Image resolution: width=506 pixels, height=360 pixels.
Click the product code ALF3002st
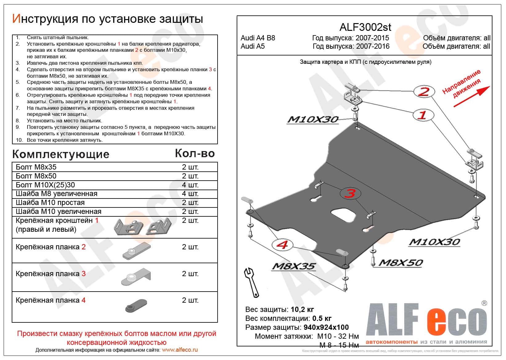(365, 27)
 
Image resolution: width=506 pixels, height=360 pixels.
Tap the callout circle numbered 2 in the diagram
(424, 91)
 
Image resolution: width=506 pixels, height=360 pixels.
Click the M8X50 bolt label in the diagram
(400, 263)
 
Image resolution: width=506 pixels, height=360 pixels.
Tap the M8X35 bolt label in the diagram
(293, 266)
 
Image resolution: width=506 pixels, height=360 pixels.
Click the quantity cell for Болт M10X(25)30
(190, 185)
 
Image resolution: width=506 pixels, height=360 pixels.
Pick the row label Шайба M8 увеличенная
(56, 194)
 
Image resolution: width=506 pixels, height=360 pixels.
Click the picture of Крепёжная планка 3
(136, 277)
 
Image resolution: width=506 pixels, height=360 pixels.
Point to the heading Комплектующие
(61, 154)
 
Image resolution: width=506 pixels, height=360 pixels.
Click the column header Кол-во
(195, 153)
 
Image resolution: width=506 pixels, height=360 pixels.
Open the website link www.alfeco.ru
(180, 350)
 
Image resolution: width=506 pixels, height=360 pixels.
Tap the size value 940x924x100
(326, 327)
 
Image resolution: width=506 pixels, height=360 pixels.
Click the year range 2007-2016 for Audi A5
(373, 47)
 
